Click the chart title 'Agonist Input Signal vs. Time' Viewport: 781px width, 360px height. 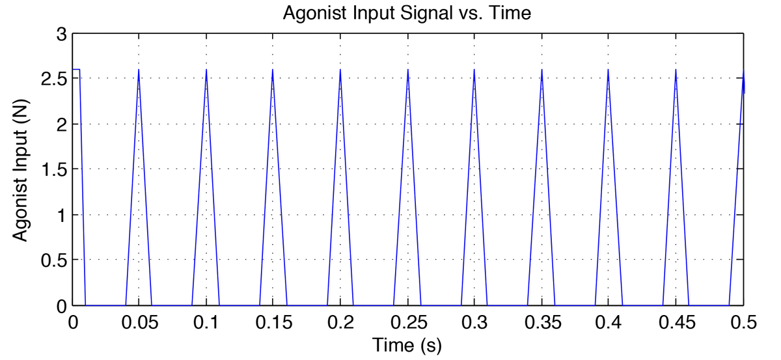pos(407,13)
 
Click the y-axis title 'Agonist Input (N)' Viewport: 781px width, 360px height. pos(21,170)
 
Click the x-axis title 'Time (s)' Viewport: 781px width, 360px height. pos(407,345)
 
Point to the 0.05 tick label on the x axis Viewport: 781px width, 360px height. pos(139,323)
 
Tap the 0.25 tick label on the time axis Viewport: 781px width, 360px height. pos(407,323)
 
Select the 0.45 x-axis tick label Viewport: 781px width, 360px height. pos(676,323)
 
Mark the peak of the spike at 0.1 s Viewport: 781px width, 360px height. pos(206,70)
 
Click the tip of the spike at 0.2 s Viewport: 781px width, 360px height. pos(340,70)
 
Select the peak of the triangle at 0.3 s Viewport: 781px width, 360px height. pos(474,70)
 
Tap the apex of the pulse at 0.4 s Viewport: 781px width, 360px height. pos(609,70)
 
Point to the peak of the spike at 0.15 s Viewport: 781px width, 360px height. pos(273,70)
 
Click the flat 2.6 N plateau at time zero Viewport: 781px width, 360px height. pos(75,69)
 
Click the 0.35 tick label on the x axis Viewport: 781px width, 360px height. pos(541,323)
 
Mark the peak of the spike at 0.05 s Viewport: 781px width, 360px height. pos(139,70)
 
